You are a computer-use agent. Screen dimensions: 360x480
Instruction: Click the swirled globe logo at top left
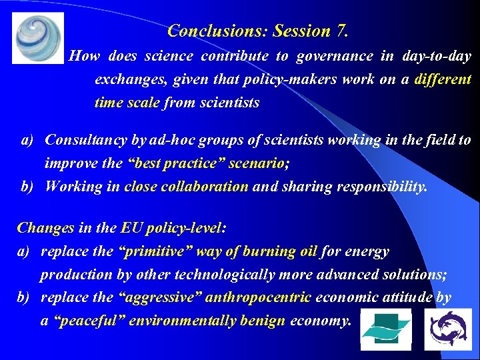pos(38,37)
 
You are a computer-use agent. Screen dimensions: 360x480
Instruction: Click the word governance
pos(335,56)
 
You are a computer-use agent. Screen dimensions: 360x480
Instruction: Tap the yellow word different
pos(443,79)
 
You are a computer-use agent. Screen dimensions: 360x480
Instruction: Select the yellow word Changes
pos(45,228)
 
